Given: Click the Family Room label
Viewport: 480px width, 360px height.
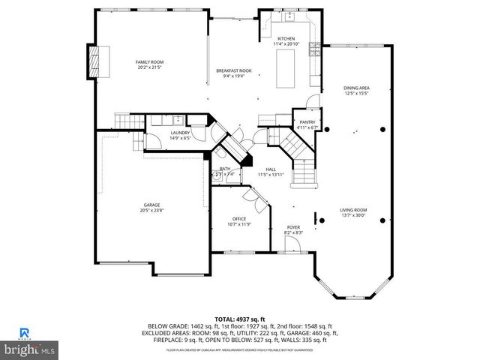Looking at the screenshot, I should [150, 61].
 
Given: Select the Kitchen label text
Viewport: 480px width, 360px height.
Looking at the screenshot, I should [286, 39].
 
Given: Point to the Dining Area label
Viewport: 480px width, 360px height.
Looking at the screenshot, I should [356, 88].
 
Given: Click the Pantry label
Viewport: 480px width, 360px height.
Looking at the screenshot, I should [307, 122].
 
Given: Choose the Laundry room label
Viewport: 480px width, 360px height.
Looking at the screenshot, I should [180, 132].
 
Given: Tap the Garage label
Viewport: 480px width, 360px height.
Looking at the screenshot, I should [152, 205].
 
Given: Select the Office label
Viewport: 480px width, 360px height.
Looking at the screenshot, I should [238, 218].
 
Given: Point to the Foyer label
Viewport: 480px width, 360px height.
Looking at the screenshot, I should [294, 226].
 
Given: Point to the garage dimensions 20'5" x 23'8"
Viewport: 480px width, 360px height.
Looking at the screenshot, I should [152, 211].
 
